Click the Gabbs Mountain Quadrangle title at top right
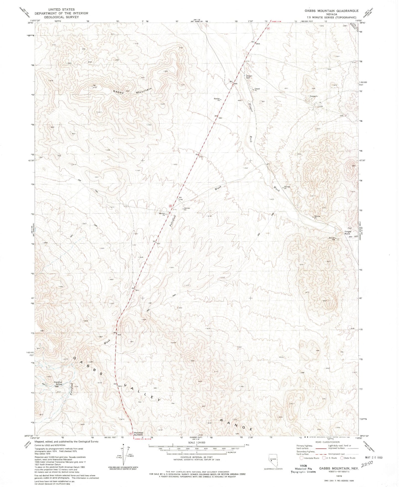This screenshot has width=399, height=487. (331, 11)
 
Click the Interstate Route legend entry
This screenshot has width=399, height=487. (309, 458)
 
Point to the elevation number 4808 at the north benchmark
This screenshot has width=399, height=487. (258, 44)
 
